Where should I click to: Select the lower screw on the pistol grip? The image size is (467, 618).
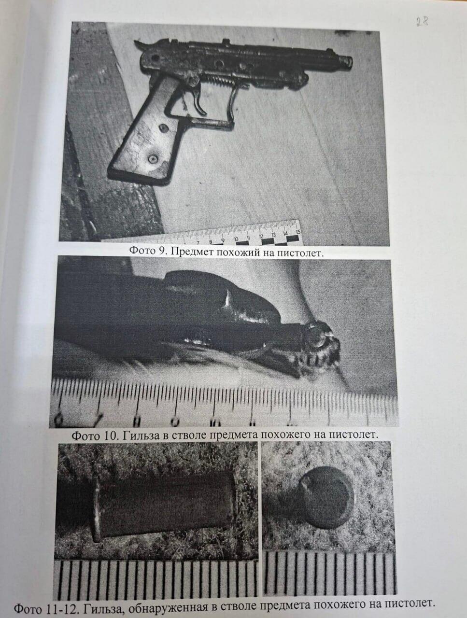point(152,159)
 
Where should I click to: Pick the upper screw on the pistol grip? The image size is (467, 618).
point(163,128)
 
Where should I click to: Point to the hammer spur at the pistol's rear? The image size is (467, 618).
point(140,45)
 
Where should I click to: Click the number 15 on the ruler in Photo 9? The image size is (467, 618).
point(297,232)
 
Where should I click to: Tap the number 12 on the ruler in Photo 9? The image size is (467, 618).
point(261,236)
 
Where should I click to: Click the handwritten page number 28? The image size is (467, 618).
point(422,22)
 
